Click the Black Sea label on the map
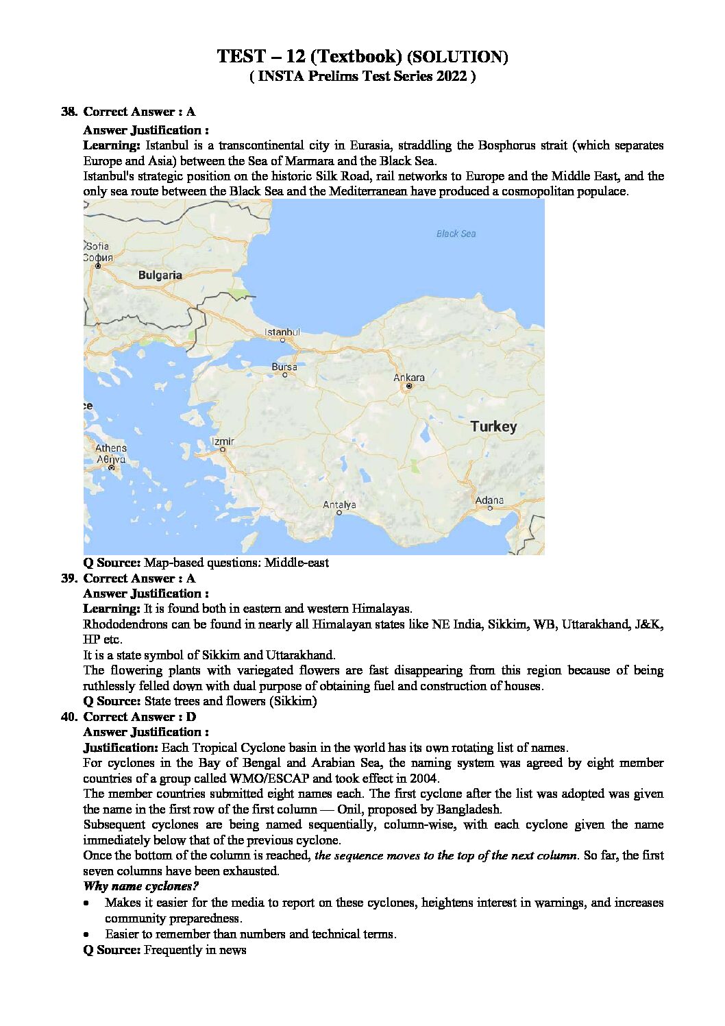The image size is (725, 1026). pos(456,234)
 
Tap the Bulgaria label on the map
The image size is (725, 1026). pos(160,275)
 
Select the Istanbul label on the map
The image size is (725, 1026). pos(282,332)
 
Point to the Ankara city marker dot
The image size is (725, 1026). pos(409,387)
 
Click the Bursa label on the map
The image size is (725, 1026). pos(284,367)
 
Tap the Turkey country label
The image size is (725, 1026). pos(493,426)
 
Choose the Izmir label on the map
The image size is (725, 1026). pos(223,441)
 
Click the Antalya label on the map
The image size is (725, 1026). pos(339,505)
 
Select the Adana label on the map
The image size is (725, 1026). pos(489,500)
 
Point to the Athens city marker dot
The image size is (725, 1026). pos(111,467)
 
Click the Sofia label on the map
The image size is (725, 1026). pos(97,246)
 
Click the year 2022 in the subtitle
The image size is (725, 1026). pos(450,76)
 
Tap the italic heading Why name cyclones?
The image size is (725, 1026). pos(140,886)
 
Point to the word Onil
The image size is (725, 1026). pos(352,809)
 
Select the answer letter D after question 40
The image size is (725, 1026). pos(191,717)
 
